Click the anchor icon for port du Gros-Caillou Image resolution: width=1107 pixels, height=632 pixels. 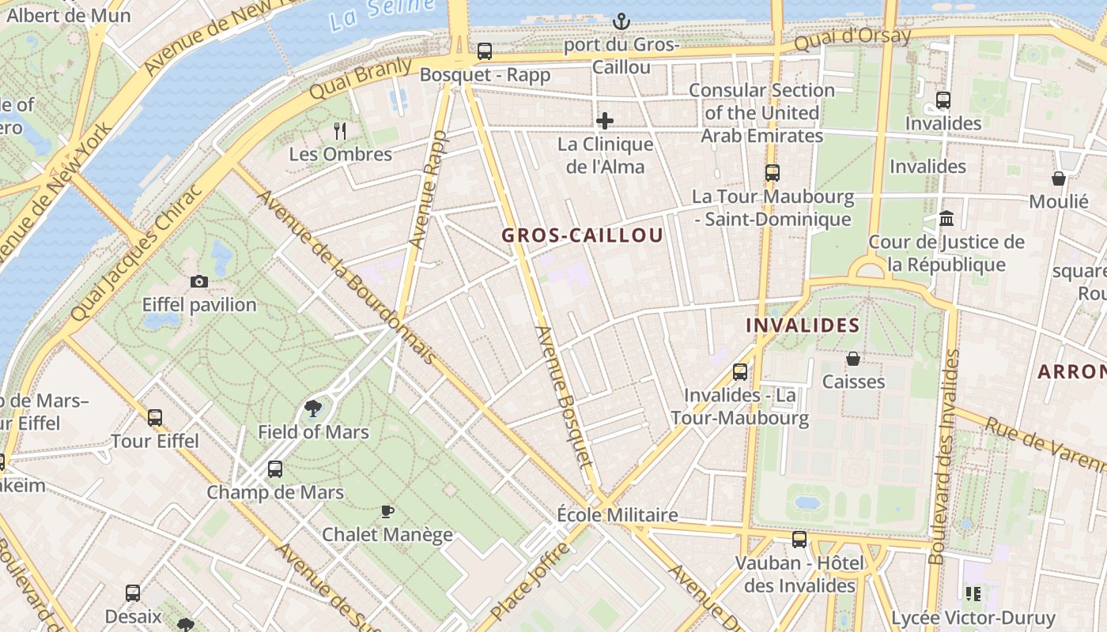tap(621, 21)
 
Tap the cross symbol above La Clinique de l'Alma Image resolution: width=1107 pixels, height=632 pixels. tap(605, 121)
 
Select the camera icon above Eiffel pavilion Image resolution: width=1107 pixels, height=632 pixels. tap(199, 281)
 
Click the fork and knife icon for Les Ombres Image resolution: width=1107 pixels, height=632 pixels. tap(340, 130)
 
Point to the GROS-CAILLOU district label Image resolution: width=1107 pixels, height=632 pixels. tap(582, 235)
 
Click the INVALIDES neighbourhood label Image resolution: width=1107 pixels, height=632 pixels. tap(803, 325)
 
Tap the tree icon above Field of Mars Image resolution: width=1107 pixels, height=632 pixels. tap(313, 408)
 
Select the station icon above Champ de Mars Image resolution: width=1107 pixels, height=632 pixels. tap(275, 469)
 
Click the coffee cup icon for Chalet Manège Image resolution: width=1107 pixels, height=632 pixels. tap(387, 511)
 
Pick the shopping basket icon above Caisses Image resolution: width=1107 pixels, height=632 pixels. tap(853, 359)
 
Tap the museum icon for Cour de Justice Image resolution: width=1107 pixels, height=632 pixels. tap(946, 219)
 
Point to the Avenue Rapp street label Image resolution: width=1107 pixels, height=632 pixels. tap(428, 190)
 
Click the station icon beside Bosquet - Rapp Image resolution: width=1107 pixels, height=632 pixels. tap(485, 51)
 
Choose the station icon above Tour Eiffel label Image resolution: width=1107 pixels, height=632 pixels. tap(155, 417)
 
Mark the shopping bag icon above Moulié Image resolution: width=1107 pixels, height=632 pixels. tap(1059, 179)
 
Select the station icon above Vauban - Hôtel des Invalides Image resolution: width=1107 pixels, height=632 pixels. tap(799, 540)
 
